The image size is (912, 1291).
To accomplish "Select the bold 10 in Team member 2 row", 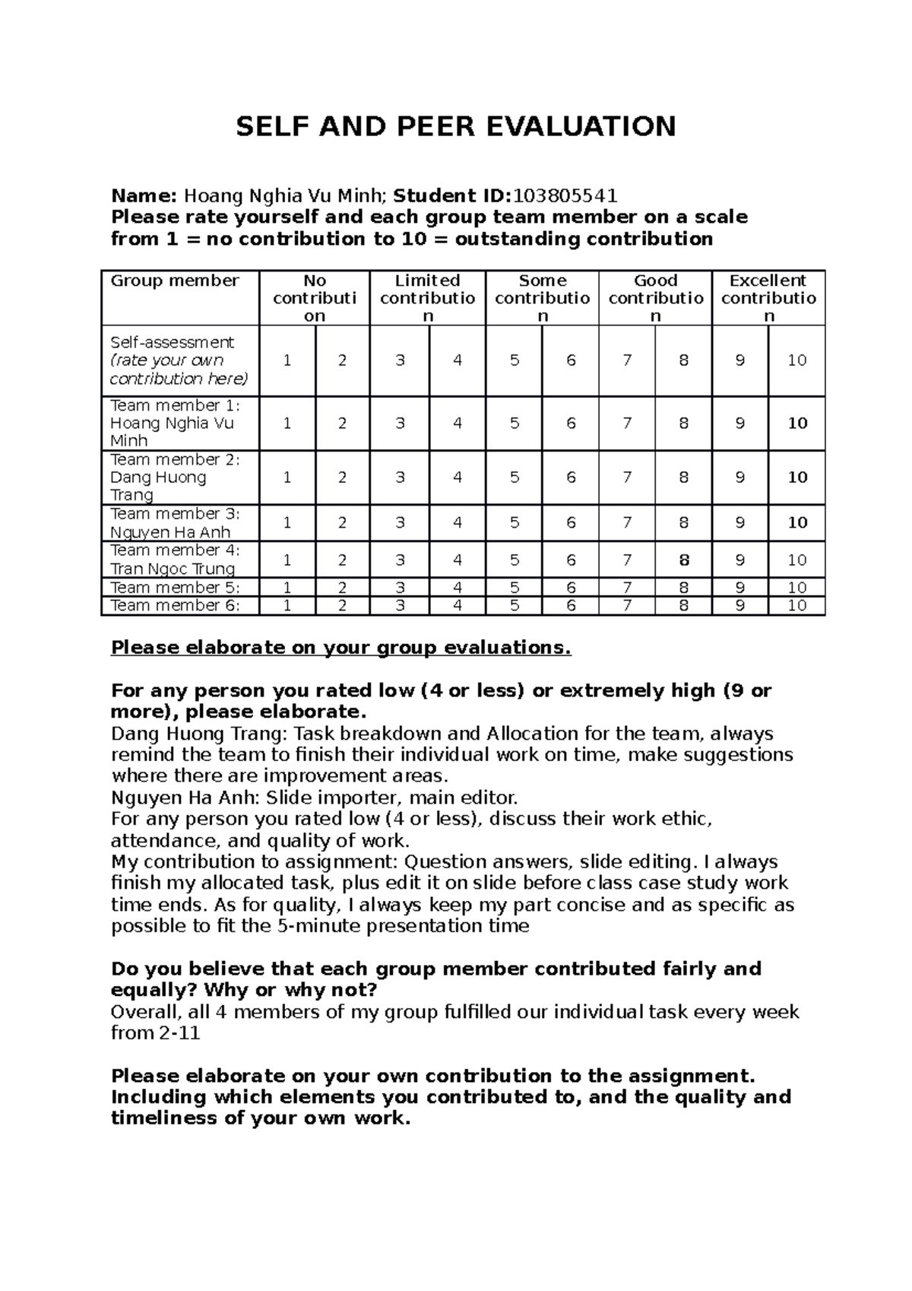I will pyautogui.click(x=797, y=477).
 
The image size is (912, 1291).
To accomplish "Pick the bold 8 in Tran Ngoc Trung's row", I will pyautogui.click(x=684, y=560).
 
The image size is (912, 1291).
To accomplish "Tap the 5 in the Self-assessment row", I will pyautogui.click(x=515, y=360).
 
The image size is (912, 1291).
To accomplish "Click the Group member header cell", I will pyautogui.click(x=175, y=281).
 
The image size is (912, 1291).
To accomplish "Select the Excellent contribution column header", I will pyautogui.click(x=768, y=298).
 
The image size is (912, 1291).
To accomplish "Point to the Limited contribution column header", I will pyautogui.click(x=428, y=298).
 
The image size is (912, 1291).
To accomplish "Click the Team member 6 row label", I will pyautogui.click(x=175, y=606).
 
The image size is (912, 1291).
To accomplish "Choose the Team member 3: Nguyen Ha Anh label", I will pyautogui.click(x=175, y=523).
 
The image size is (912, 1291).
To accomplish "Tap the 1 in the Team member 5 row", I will pyautogui.click(x=287, y=588).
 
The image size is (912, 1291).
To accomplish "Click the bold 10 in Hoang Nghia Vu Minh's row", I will pyautogui.click(x=797, y=423).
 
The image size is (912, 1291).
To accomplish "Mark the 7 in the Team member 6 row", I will pyautogui.click(x=627, y=606).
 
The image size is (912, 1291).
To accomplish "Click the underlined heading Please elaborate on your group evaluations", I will pyautogui.click(x=340, y=648).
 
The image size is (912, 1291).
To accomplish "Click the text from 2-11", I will pyautogui.click(x=156, y=1033).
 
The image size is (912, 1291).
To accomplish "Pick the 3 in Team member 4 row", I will pyautogui.click(x=400, y=560).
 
